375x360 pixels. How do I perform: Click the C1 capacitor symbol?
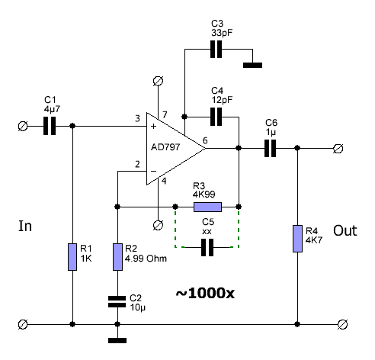50,126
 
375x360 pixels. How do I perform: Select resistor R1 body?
72,257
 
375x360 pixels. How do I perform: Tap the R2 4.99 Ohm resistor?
117,257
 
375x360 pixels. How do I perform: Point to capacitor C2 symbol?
117,301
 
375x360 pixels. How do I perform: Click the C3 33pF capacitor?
216,49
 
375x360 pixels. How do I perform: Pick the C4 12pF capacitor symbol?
216,117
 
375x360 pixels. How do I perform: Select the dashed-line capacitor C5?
207,247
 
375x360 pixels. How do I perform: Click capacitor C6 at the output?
270,148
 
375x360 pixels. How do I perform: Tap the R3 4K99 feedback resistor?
207,207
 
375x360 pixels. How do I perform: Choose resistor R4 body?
297,239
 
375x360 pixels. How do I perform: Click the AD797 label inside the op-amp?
165,147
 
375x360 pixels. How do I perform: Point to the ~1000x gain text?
205,293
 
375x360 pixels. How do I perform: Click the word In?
25,226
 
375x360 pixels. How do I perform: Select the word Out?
345,230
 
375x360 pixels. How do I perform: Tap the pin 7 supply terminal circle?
158,81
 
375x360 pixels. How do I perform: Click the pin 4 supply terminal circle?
158,225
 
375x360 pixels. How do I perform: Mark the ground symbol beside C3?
252,65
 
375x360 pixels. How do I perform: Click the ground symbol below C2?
117,340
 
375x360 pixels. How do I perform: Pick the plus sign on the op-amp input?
153,126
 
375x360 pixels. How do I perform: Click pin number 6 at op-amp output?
205,140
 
